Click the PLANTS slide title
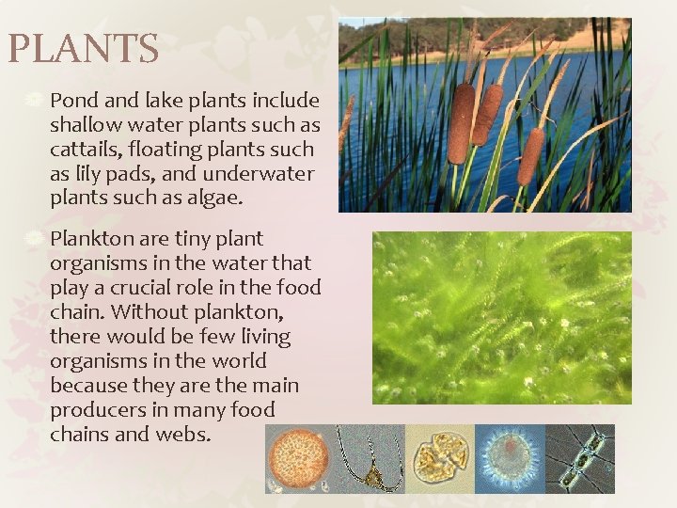point(83,49)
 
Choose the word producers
point(96,410)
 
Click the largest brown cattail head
point(460,123)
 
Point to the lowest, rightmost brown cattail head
point(530,155)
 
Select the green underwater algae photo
point(500,318)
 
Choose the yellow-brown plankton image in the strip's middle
point(439,458)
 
